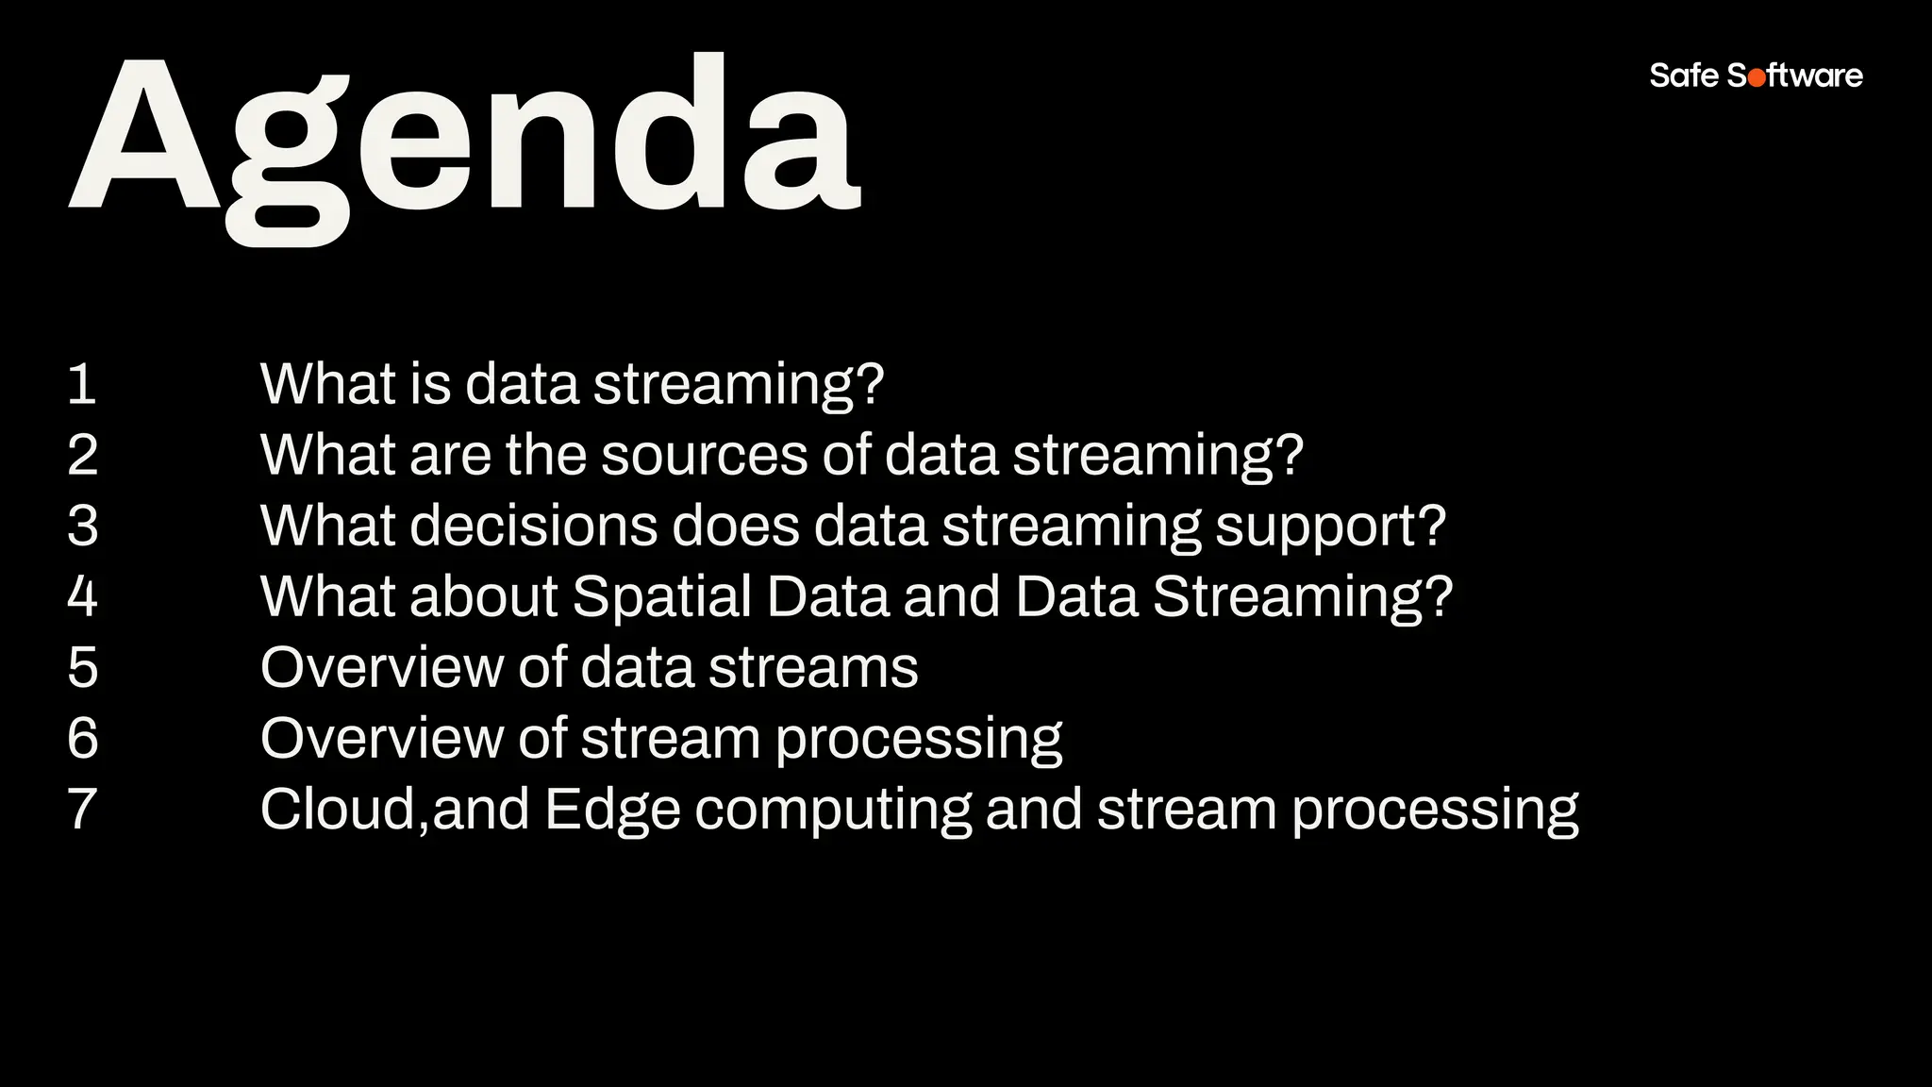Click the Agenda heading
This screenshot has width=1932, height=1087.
coord(464,142)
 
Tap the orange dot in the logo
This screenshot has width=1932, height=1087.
coord(1757,78)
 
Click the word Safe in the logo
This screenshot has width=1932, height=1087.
coord(1684,75)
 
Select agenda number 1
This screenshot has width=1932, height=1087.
coord(82,384)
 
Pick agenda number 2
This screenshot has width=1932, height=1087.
coord(83,455)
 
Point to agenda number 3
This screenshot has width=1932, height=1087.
coord(83,526)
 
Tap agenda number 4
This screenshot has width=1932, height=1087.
coord(83,596)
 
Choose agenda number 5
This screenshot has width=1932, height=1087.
coord(83,667)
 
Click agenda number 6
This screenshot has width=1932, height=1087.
coord(83,738)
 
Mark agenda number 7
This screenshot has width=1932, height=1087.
coord(83,809)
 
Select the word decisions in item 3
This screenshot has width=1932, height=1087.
coord(533,526)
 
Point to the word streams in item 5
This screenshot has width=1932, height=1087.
coord(812,667)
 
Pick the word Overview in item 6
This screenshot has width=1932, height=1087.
coord(381,738)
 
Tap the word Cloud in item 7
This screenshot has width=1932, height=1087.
coord(337,809)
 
